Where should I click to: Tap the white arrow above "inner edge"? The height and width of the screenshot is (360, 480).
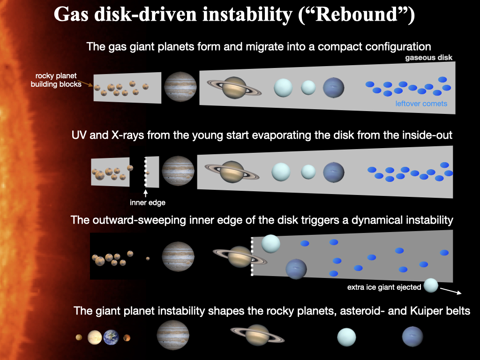pos(146,193)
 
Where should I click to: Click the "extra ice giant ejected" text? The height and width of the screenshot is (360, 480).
pos(384,287)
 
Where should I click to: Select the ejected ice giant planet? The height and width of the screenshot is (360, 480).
pos(431,286)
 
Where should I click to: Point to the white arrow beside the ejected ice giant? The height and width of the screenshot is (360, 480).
pos(453,292)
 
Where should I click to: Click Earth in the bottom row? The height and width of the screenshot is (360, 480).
pos(111,337)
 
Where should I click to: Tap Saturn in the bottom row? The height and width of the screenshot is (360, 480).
pos(256,335)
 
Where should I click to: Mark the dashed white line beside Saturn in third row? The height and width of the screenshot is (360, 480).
pos(252,256)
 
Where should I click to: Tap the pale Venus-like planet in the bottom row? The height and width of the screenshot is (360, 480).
pos(94,337)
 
